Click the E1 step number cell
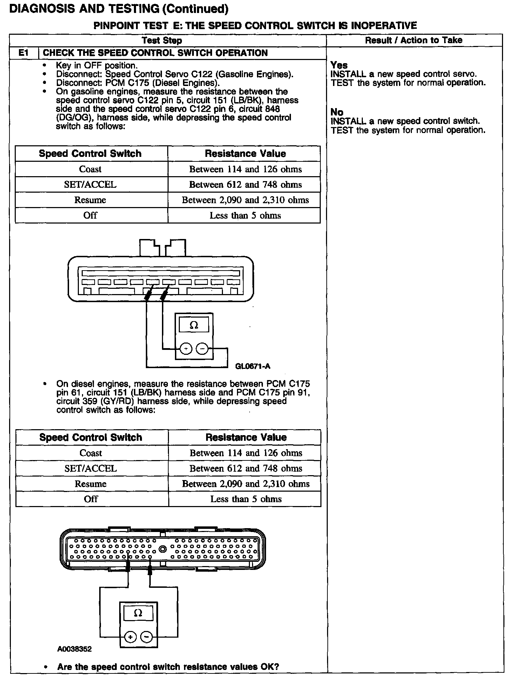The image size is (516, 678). pos(23,53)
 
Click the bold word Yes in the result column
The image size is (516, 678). pos(339,65)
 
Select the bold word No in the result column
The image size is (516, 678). pos(337,112)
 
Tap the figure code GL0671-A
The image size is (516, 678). pos(253,366)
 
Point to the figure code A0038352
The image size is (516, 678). pos(74,649)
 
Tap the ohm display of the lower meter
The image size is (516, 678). pos(138,613)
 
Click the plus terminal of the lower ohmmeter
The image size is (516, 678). pos(130,637)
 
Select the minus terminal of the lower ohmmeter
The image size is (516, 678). pos(147,637)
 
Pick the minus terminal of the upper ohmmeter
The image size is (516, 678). pos(202,349)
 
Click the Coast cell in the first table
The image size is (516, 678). pos(90,169)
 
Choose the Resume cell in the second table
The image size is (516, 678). pos(91,484)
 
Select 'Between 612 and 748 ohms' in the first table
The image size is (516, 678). pos(245,185)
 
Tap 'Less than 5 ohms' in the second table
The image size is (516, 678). pos(246,499)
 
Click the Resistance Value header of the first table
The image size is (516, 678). pos(245,154)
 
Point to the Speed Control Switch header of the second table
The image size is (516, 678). pos(91,437)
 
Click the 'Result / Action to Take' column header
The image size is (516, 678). pos(414,40)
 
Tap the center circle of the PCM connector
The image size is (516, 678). pos(163,549)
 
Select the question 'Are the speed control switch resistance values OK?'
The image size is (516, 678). pos(168,667)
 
